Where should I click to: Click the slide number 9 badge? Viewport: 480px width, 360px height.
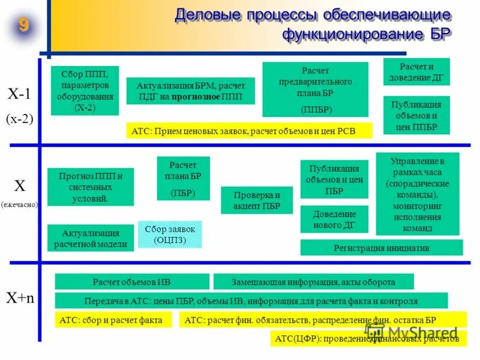click(23, 26)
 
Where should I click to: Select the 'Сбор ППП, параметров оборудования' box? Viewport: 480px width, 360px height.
click(85, 91)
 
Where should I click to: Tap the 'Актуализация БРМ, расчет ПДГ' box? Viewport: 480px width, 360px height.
click(190, 91)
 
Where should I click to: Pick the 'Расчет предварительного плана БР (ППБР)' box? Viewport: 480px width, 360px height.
click(315, 89)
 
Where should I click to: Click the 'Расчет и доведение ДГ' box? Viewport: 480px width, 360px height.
click(416, 71)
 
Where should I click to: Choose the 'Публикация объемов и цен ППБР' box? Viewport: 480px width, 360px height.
click(416, 115)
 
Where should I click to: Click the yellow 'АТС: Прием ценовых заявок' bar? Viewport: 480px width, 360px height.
click(249, 131)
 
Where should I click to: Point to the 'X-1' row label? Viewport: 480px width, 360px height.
click(20, 94)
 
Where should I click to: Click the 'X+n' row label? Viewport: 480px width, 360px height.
click(20, 298)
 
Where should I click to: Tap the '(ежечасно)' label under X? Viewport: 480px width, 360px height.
click(19, 204)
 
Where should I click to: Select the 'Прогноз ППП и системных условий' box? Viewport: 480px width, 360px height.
click(91, 187)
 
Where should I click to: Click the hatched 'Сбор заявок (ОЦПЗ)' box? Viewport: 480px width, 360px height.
click(170, 235)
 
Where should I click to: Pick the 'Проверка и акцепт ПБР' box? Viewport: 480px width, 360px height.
click(256, 200)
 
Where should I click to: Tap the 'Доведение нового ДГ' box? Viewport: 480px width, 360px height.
click(334, 219)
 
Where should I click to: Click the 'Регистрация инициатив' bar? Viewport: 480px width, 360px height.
click(381, 247)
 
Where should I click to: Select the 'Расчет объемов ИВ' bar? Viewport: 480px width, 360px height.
click(132, 282)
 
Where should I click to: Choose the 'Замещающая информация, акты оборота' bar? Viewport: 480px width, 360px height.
click(313, 282)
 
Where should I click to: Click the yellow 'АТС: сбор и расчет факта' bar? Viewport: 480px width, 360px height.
click(116, 320)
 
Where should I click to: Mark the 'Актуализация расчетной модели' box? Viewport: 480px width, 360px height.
click(91, 238)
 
